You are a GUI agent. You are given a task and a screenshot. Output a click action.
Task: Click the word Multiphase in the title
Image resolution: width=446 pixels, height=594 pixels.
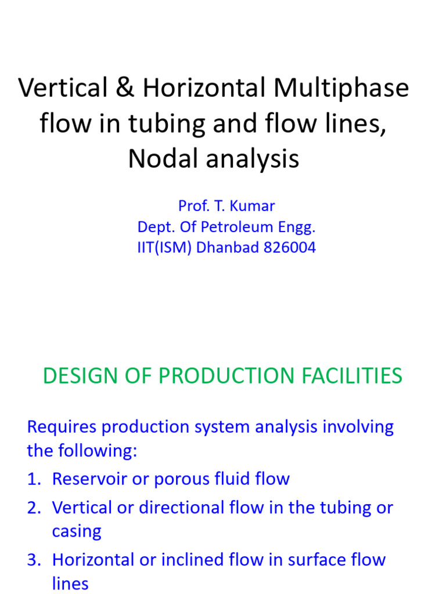[x=341, y=88]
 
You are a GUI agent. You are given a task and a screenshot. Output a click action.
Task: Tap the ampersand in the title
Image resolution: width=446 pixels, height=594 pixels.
[x=125, y=88]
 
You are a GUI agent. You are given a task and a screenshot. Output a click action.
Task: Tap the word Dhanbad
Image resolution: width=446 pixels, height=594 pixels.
[x=224, y=248]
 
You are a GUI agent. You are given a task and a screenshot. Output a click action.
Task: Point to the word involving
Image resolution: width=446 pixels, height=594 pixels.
[x=358, y=428]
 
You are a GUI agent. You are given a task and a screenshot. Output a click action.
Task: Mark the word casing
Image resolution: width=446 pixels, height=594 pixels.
[x=77, y=531]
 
